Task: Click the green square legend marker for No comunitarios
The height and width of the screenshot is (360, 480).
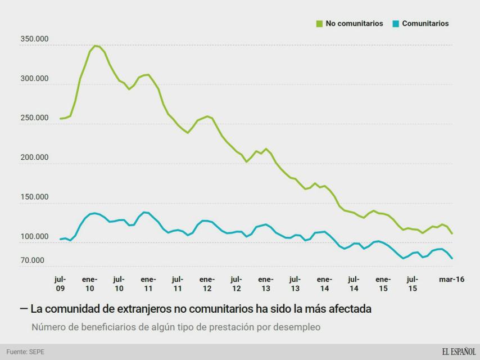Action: (x=319, y=24)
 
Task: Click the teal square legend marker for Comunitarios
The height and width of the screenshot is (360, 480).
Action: (x=396, y=24)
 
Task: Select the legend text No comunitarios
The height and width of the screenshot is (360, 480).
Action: (x=354, y=24)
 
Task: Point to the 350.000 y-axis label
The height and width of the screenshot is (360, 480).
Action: (x=34, y=39)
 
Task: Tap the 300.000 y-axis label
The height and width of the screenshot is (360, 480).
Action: (x=34, y=79)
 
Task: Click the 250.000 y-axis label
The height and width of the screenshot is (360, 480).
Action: (x=34, y=118)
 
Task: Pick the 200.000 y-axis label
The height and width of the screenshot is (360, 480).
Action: (x=34, y=157)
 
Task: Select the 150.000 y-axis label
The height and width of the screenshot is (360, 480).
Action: (x=34, y=197)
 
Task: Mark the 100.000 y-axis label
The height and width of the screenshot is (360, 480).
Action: (x=34, y=237)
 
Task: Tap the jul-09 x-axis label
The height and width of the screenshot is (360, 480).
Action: (x=60, y=283)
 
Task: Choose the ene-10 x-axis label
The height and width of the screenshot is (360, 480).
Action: (x=89, y=283)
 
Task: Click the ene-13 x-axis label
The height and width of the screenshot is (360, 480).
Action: (x=265, y=283)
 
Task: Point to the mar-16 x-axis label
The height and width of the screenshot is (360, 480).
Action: (x=451, y=280)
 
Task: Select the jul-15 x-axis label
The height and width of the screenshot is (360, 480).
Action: (x=412, y=283)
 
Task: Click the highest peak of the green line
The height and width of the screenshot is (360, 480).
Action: (x=95, y=46)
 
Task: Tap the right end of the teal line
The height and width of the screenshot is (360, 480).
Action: (x=452, y=259)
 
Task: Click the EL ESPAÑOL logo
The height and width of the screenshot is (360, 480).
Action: (x=458, y=352)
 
